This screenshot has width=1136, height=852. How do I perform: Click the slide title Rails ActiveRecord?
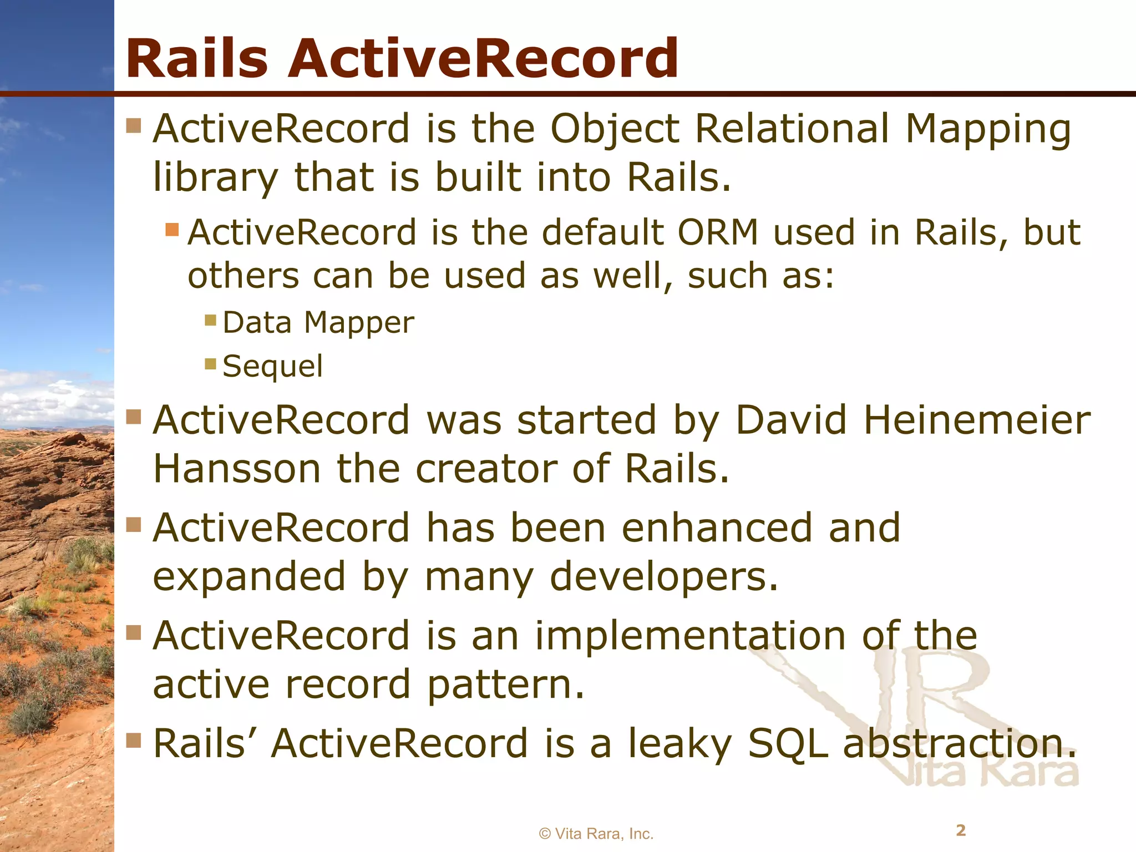pos(402,58)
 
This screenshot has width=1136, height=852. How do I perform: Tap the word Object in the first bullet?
pos(615,130)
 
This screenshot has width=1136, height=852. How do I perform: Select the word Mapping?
pos(988,130)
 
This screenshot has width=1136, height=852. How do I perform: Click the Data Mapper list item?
pos(318,323)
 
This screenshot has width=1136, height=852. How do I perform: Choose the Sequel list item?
pos(272,367)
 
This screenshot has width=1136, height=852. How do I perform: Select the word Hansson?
pos(237,469)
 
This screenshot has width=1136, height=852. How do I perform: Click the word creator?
pos(485,469)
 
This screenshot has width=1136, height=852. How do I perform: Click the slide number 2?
pos(961,830)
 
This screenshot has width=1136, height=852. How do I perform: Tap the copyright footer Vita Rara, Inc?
pos(596,834)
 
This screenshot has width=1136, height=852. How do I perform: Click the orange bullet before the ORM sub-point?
pos(172,229)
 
